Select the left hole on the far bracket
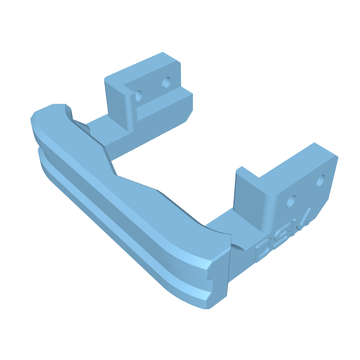(x=139, y=96)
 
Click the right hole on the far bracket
(x=166, y=82)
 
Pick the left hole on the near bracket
(x=291, y=201)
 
